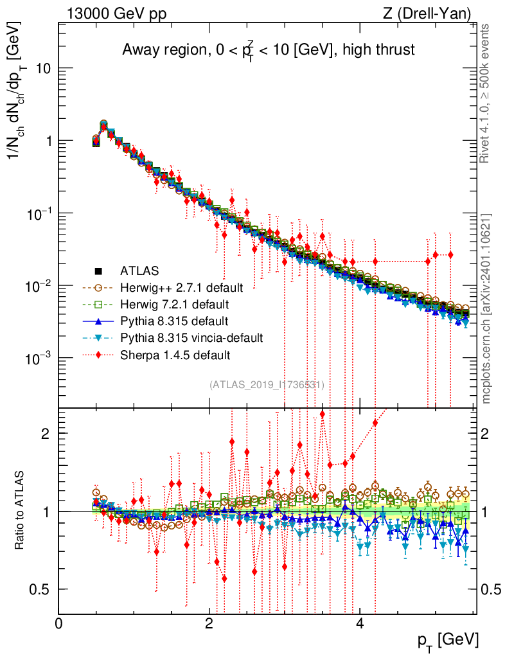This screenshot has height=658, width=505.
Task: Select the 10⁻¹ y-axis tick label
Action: pos(38,213)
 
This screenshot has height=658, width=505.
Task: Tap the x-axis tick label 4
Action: pos(360,624)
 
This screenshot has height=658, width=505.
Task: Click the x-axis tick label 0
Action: pos(58,624)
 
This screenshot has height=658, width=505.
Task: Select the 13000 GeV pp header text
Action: pos(116,12)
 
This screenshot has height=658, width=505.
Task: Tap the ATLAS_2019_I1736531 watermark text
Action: pos(267,385)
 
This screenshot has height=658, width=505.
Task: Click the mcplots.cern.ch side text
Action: pos(487,308)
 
